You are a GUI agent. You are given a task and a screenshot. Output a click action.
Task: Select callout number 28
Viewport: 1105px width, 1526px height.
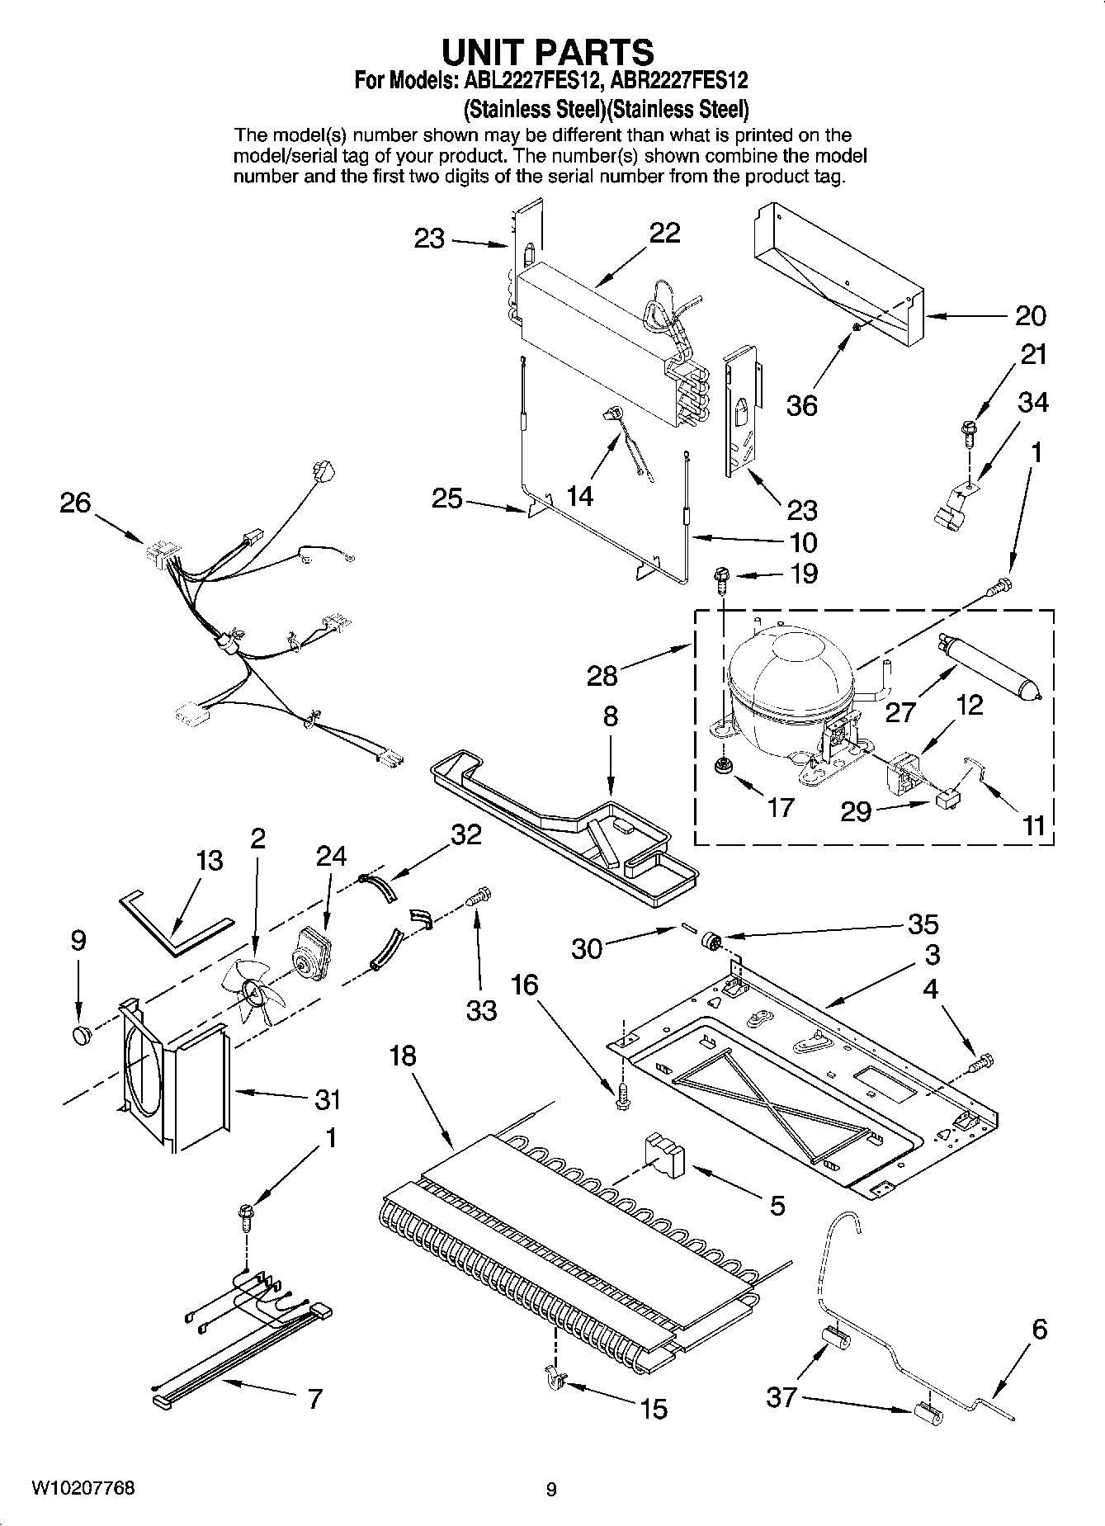pos(602,676)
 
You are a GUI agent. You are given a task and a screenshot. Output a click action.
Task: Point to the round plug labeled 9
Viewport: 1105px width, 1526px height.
pos(80,1035)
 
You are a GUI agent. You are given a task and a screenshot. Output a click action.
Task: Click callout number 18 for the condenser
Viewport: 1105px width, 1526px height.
pos(403,1056)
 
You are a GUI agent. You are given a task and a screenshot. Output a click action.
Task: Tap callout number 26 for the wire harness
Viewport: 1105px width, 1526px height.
pos(75,503)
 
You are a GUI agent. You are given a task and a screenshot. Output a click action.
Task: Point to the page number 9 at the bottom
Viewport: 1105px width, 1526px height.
pos(551,1489)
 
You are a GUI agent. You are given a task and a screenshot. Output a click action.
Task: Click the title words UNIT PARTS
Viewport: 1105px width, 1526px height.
pos(548,51)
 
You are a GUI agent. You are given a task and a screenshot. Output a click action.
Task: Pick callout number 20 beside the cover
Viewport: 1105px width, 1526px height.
pos(1029,315)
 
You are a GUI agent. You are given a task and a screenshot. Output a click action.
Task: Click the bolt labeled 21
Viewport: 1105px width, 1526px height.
pos(968,430)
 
